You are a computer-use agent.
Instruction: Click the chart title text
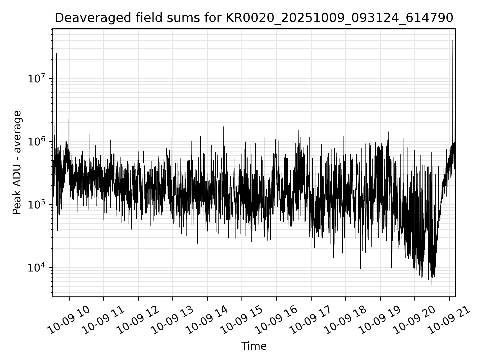click(x=254, y=18)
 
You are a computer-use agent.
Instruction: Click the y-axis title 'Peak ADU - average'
click(x=17, y=163)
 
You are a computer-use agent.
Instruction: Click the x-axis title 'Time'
click(x=254, y=346)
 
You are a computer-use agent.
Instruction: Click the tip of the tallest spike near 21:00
click(x=452, y=41)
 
